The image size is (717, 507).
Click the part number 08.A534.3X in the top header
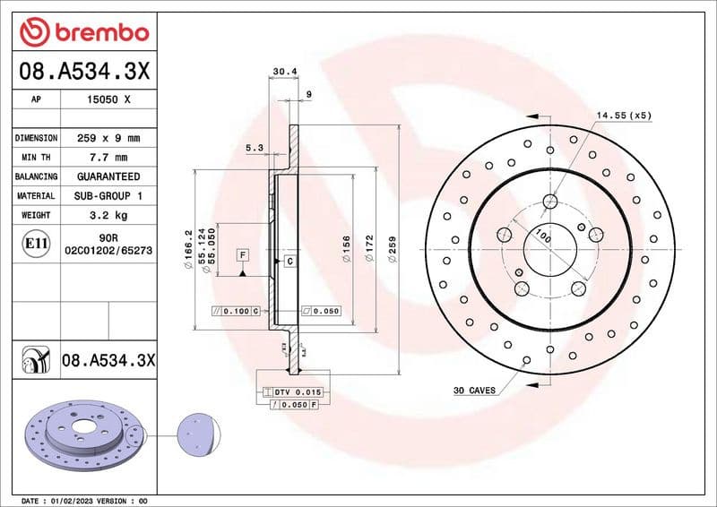coord(83,70)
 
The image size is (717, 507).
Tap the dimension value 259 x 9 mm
coord(108,139)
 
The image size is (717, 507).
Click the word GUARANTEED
coord(108,176)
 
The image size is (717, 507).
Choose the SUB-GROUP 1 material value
coord(108,195)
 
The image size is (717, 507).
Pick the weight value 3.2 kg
coord(108,215)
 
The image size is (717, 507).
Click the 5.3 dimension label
coord(254,149)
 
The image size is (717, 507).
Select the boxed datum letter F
coord(242,255)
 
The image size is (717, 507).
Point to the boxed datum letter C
coord(289,262)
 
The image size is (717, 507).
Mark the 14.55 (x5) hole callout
coord(624,116)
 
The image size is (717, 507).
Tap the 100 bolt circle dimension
coord(542,236)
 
